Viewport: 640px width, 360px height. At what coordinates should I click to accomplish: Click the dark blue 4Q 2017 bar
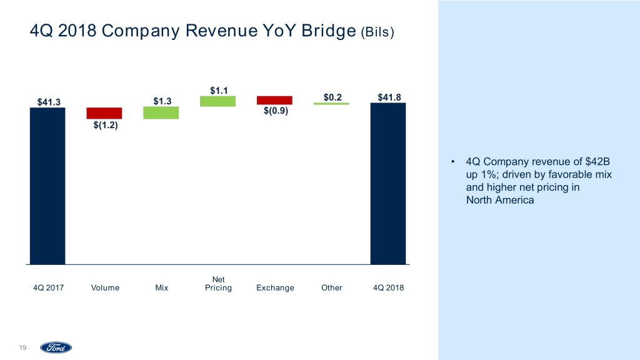pyautogui.click(x=47, y=186)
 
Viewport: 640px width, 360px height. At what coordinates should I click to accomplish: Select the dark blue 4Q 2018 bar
pyautogui.click(x=388, y=184)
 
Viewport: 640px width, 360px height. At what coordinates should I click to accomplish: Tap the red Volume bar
pyautogui.click(x=104, y=113)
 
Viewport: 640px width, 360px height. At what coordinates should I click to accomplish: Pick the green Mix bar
pyautogui.click(x=161, y=112)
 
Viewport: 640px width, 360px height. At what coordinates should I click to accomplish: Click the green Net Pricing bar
pyautogui.click(x=217, y=101)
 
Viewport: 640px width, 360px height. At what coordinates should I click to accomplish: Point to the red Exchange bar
pyautogui.click(x=274, y=100)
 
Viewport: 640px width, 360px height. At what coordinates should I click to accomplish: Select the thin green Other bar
pyautogui.click(x=331, y=104)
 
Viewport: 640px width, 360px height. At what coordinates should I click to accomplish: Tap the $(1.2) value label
pyautogui.click(x=105, y=126)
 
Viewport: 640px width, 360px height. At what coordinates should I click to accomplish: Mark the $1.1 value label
pyautogui.click(x=219, y=90)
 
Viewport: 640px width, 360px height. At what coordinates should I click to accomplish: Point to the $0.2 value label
pyautogui.click(x=332, y=96)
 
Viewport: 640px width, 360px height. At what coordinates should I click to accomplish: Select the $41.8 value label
pyautogui.click(x=389, y=96)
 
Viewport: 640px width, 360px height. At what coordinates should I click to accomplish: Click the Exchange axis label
pyautogui.click(x=275, y=288)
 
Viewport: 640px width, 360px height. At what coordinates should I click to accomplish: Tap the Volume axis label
pyautogui.click(x=105, y=288)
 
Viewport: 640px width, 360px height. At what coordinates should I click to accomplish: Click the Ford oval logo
pyautogui.click(x=56, y=347)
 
